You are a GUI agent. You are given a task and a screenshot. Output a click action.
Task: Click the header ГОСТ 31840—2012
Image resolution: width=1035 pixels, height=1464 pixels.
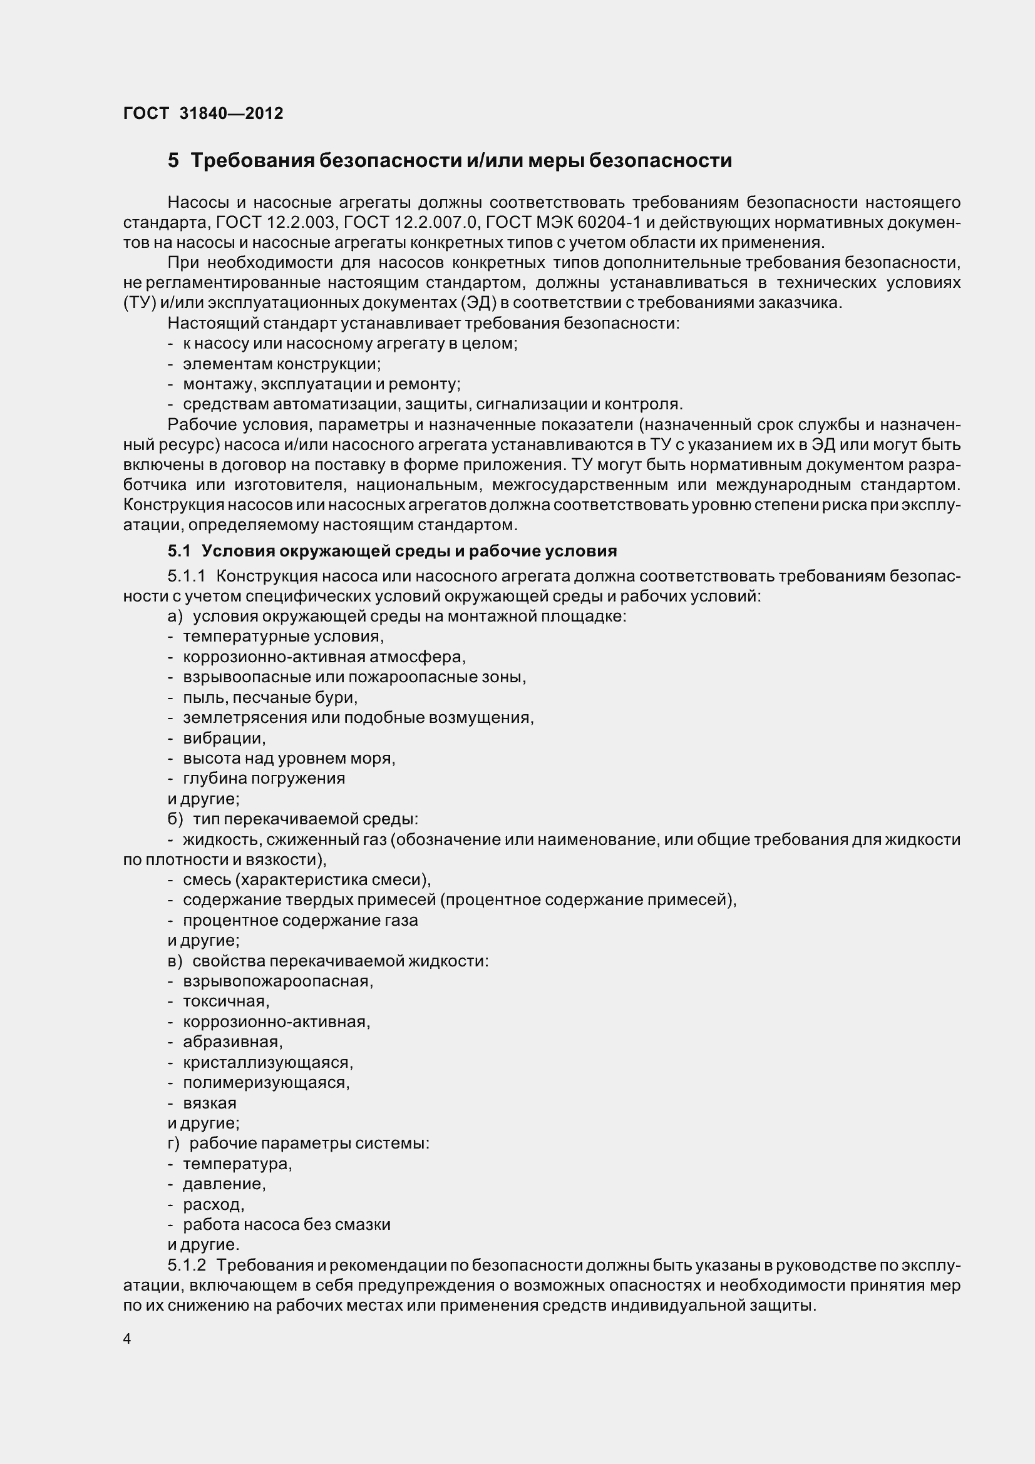[x=203, y=113]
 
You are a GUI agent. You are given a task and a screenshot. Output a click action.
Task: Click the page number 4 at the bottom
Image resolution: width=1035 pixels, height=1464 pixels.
[x=127, y=1339]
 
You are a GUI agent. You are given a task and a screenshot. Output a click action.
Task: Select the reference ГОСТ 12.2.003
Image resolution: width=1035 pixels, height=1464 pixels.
[x=275, y=223]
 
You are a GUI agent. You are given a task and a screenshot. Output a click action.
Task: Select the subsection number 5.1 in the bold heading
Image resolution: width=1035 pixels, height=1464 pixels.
[x=178, y=551]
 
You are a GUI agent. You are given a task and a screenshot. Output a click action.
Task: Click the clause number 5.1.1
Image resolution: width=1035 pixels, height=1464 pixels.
[x=186, y=576]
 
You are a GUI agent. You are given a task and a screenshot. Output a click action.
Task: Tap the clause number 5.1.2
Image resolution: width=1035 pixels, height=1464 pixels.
[x=187, y=1265]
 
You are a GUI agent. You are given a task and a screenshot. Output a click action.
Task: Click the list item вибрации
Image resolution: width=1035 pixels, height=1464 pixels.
[x=223, y=738]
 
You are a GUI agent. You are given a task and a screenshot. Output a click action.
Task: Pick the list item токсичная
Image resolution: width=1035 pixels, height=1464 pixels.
[x=226, y=1001]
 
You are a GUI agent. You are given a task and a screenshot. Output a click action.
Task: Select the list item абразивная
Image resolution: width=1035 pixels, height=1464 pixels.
[x=232, y=1042]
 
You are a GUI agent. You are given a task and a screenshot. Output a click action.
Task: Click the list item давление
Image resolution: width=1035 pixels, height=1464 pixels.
[x=223, y=1184]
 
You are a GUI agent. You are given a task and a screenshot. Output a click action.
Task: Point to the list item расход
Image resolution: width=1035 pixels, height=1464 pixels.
[x=213, y=1204]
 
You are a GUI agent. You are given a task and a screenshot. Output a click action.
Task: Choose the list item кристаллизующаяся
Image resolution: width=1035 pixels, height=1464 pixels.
[x=267, y=1062]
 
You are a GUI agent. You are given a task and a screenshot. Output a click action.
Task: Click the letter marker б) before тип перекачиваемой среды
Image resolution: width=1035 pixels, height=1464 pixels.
[x=175, y=819]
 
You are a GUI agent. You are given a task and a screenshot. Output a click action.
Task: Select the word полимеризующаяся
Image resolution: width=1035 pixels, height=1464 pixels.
[x=265, y=1082]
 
